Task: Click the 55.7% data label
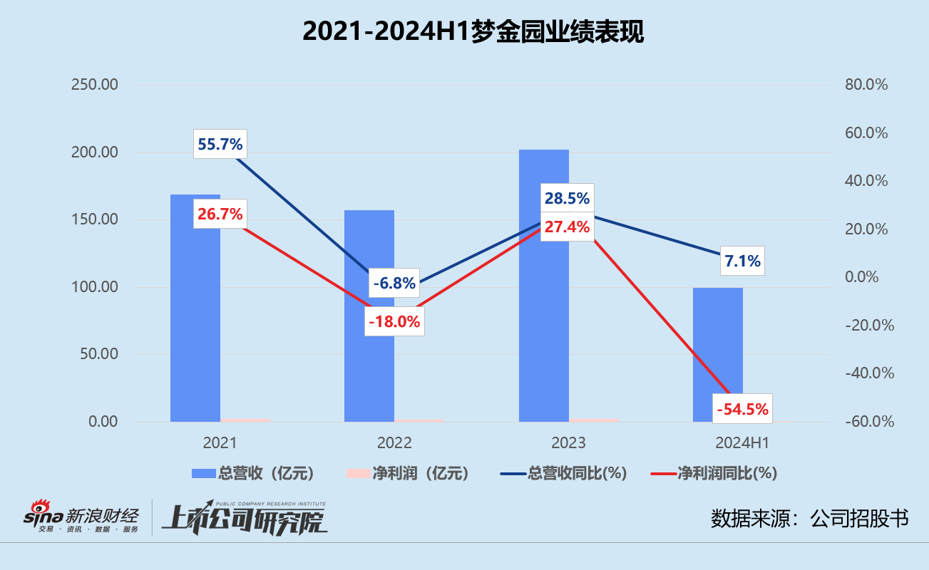point(220,145)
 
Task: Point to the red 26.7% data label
point(220,214)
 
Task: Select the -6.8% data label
point(394,284)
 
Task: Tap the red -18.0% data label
point(394,321)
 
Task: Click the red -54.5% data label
point(742,409)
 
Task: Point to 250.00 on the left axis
point(94,85)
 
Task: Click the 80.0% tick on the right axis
point(866,85)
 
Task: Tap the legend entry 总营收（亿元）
point(252,473)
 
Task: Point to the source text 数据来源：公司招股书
point(809,519)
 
